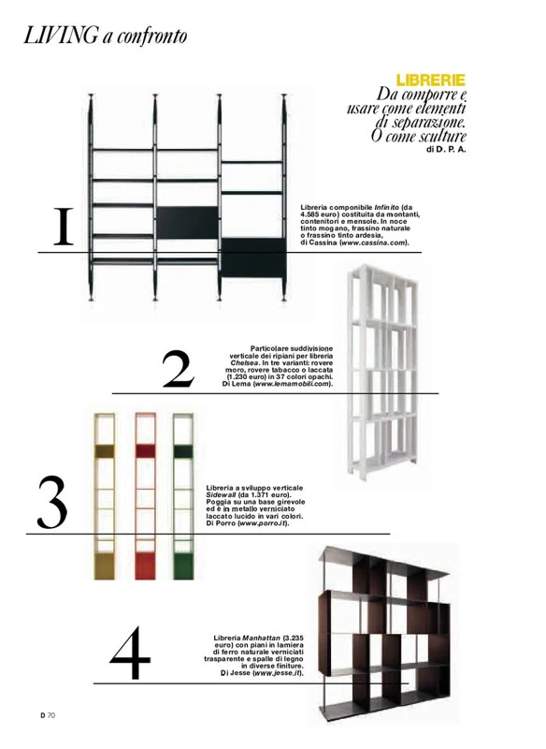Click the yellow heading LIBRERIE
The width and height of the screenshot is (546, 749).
click(x=431, y=80)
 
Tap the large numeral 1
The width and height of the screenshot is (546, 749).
click(x=63, y=226)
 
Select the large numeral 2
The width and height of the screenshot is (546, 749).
click(x=179, y=368)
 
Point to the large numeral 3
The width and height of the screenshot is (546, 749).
click(x=52, y=502)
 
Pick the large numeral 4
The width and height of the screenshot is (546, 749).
click(x=130, y=652)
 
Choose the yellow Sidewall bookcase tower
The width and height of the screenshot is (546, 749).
click(x=105, y=496)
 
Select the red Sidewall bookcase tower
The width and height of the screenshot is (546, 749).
click(x=146, y=496)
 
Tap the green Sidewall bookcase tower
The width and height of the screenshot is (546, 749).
click(x=183, y=496)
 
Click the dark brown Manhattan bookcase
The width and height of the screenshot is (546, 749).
click(x=385, y=633)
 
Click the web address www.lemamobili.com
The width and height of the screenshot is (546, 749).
click(x=292, y=384)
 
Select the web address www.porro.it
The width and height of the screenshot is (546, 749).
click(x=263, y=523)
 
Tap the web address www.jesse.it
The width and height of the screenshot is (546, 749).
click(x=277, y=673)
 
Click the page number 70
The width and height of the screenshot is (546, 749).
click(x=51, y=715)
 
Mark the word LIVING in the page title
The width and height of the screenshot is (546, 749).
click(x=60, y=37)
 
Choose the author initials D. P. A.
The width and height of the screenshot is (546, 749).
click(x=451, y=149)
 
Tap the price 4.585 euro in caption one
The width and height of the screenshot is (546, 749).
click(x=318, y=214)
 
